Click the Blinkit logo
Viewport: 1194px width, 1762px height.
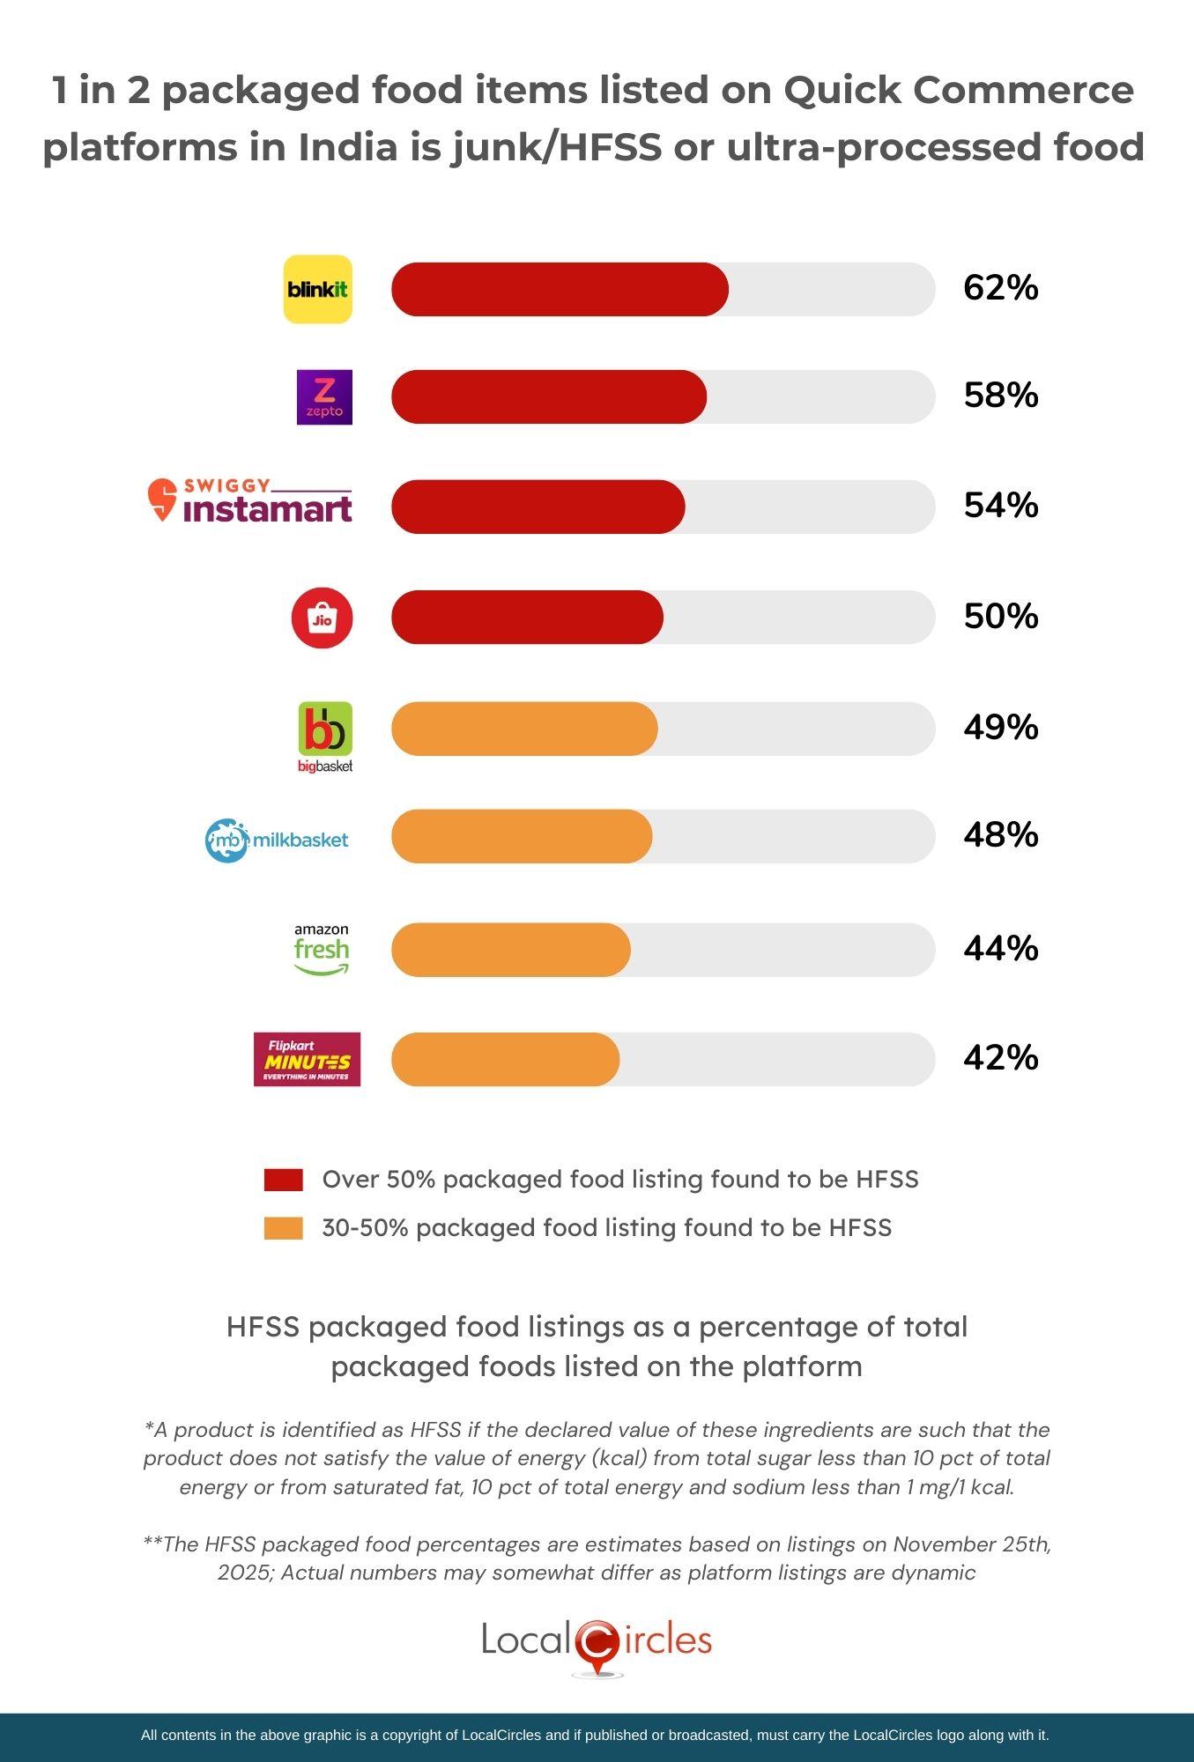(317, 289)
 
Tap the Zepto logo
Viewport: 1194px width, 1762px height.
(324, 397)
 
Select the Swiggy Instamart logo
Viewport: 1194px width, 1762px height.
(250, 501)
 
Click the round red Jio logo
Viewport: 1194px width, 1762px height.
(323, 618)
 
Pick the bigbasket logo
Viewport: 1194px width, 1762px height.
(325, 737)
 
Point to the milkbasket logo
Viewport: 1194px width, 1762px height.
(277, 840)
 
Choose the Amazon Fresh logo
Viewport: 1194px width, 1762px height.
(322, 949)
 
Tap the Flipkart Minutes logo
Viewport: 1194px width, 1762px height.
(307, 1059)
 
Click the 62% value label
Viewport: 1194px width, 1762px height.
(1001, 288)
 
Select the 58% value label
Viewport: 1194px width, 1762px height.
(1001, 396)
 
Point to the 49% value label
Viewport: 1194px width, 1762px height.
(1001, 728)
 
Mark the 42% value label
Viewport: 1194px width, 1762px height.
(1001, 1057)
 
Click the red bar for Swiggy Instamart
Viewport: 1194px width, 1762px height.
(538, 507)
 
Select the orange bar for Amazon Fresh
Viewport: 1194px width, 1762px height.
(511, 950)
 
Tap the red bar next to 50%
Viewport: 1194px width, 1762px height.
(527, 618)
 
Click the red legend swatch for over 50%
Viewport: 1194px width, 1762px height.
(284, 1181)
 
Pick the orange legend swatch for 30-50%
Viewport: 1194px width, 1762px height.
(284, 1228)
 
